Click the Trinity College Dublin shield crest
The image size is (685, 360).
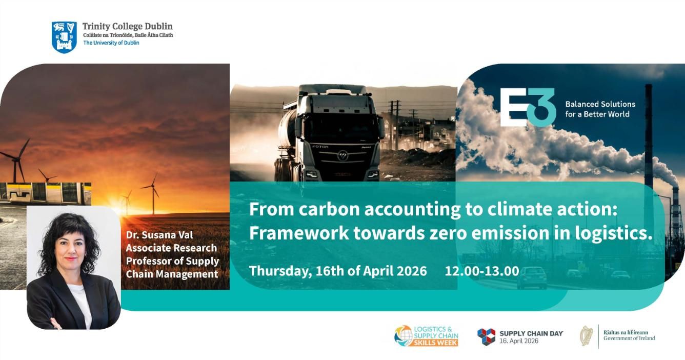pos(64,37)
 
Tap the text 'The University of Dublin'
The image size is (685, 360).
pos(111,43)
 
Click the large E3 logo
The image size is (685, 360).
pos(528,107)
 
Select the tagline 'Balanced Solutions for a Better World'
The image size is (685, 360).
pos(600,109)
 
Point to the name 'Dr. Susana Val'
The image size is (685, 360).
pos(159,234)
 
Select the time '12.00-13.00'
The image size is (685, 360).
pos(482,271)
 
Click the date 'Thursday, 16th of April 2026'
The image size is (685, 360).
pos(338,271)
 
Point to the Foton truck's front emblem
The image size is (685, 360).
pos(342,156)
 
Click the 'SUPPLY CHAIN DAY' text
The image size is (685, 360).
pos(531,334)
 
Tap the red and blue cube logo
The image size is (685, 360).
pos(486,337)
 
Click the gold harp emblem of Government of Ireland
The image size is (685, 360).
pos(586,336)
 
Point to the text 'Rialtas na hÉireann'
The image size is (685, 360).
pos(626,332)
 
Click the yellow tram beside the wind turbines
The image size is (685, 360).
pos(46,193)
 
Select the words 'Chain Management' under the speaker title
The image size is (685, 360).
pos(172,274)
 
